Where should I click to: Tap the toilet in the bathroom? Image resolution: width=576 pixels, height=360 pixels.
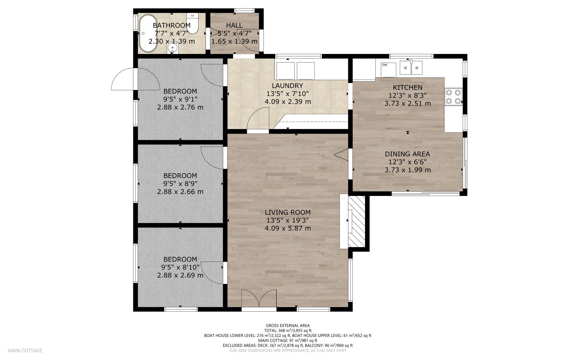193,24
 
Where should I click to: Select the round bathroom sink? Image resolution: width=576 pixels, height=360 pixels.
172,48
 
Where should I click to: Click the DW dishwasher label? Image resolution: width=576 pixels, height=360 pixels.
384,65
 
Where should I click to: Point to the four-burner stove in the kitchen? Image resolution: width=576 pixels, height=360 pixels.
453,97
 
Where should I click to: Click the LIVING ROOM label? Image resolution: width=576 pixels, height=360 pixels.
288,212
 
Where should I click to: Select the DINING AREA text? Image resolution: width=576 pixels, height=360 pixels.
408,154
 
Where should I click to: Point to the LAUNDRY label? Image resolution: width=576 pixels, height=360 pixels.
287,86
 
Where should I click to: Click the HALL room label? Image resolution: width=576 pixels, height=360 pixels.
234,25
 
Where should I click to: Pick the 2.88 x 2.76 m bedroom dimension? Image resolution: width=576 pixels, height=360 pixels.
180,107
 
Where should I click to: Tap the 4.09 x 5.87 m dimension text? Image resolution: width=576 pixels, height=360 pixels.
288,228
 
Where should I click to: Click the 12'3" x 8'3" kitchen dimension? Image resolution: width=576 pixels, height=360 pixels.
408,95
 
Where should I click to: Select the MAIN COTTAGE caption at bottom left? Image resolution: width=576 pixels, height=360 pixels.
25,350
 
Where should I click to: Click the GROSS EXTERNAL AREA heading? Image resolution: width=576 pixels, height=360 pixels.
288,326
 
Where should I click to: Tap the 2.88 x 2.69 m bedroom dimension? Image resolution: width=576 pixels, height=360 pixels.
180,275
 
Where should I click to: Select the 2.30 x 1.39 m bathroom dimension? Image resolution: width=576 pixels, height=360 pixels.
172,41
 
